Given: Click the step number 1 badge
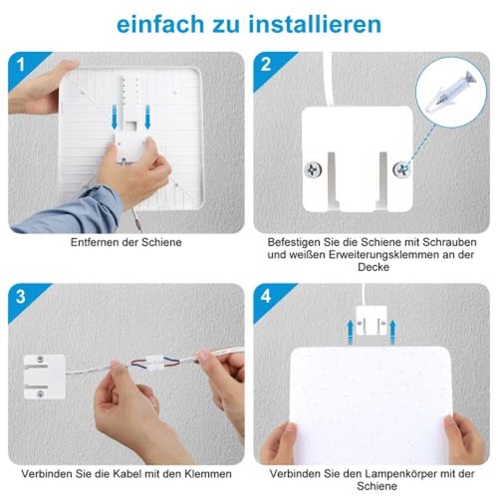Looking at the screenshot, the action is click(x=21, y=65).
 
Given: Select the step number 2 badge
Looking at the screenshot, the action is click(x=266, y=64).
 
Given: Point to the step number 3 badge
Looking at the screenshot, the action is click(x=21, y=297).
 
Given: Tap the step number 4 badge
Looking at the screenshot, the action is click(x=266, y=296).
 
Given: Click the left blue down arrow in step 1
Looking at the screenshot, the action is click(x=115, y=117).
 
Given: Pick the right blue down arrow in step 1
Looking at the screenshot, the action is click(x=147, y=117).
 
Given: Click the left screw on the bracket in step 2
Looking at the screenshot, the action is click(x=313, y=170).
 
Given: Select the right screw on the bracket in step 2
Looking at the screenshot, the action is click(x=401, y=170).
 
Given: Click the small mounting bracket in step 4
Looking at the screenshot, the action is click(x=372, y=320).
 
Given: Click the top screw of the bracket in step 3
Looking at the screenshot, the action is click(x=41, y=360).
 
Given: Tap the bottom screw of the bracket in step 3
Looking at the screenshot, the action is click(x=41, y=394).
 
